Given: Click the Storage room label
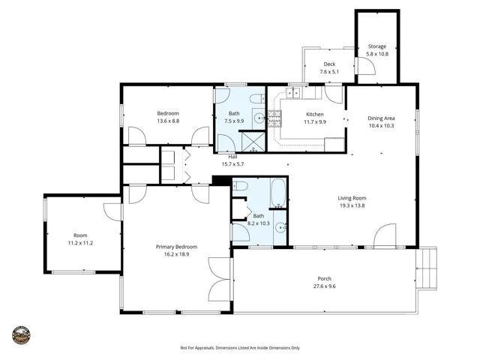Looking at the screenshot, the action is pos(377,46).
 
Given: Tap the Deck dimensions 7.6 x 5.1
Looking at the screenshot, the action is pos(329,72).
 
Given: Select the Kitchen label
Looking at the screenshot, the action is pos(315,114).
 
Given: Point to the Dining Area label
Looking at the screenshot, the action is pos(381,118).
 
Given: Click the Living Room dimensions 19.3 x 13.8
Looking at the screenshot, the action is pos(352,205).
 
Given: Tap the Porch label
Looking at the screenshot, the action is pos(325,278).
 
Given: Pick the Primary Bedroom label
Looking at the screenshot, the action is pos(177,247).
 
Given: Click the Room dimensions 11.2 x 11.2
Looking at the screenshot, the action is pos(80,243).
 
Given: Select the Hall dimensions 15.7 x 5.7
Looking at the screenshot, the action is pos(232,164).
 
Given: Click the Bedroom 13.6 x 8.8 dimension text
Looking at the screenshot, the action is pos(168,121).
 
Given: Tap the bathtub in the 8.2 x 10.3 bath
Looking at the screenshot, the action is pos(278,193).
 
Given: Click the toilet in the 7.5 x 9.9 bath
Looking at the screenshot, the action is pos(257,98).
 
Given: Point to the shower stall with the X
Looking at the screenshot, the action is pos(253,142).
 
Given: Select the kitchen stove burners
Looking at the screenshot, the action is pos(274,118).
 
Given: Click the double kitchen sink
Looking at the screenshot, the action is pos(293,93).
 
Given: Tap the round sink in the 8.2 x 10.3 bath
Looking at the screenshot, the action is pos(280,228).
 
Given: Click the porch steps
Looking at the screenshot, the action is pos(427,268).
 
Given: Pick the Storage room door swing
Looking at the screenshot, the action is pos(366,66).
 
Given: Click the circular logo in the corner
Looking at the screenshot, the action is pos(22,335).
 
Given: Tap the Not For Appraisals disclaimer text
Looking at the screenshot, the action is pos(240,348).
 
